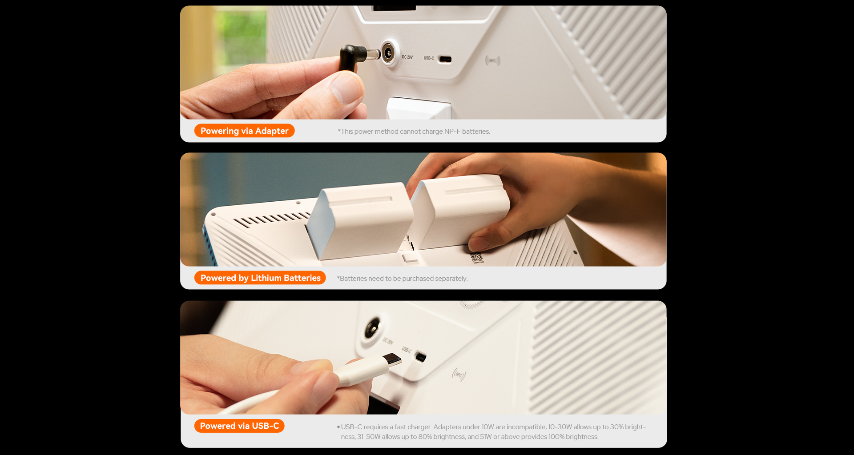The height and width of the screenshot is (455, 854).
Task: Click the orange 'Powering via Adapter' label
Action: point(244,131)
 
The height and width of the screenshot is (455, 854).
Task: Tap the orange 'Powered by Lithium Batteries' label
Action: point(260,278)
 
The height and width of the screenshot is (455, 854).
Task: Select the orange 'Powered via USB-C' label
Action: point(239,426)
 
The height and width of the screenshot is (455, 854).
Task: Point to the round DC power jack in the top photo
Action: point(389,54)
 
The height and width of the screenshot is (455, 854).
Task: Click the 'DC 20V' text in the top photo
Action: point(407,57)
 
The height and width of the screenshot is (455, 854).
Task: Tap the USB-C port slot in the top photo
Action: point(445,59)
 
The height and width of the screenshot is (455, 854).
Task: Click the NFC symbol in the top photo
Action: point(493,60)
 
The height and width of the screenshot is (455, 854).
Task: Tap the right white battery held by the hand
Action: point(460,211)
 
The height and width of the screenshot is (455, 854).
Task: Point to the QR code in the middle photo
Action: point(476,257)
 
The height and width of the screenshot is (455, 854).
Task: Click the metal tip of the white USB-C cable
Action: point(393,359)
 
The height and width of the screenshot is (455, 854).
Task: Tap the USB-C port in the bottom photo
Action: point(420,356)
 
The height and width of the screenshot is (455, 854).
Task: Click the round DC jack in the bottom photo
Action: point(372,329)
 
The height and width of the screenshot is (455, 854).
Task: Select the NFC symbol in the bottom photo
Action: point(459,375)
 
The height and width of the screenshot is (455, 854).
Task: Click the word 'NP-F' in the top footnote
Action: point(452,132)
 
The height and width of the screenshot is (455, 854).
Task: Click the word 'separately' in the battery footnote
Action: point(451,279)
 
